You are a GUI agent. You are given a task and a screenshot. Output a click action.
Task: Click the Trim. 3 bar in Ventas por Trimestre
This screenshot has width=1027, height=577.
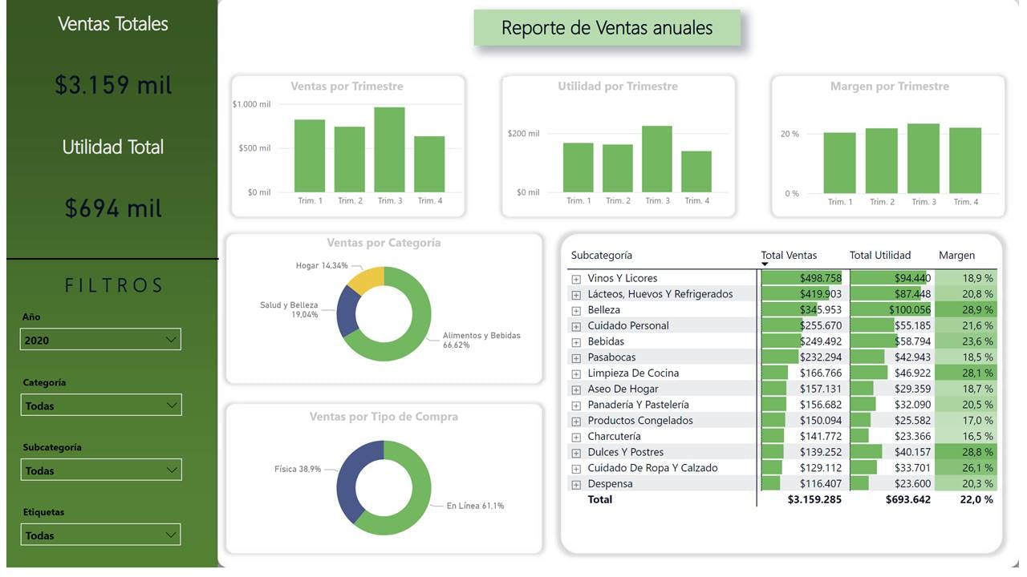coord(389,150)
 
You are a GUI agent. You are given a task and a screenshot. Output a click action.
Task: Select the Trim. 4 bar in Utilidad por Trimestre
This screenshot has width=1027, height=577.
coord(696,171)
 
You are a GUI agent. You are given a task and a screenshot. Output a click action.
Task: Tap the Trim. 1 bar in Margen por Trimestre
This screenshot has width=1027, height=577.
coord(839,163)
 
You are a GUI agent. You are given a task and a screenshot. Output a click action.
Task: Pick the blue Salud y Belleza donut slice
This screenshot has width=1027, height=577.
coord(347,310)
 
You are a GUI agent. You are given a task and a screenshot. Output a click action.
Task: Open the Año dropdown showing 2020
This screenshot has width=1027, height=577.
coord(100,340)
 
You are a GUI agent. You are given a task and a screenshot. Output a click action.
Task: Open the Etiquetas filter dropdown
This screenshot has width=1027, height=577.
coord(101,535)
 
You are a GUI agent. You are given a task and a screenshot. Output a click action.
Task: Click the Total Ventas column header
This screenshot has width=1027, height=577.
coord(789,256)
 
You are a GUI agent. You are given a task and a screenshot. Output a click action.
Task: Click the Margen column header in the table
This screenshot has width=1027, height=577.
coord(956,256)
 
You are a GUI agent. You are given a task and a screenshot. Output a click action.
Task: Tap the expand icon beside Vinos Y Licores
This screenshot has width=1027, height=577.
coord(575,279)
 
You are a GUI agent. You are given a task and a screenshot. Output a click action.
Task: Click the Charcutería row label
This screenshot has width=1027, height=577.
coord(614,437)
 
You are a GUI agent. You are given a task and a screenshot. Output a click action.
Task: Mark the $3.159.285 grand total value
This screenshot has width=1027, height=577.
coord(814,499)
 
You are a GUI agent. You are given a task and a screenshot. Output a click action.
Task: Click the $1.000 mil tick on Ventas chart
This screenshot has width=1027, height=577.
coord(251,104)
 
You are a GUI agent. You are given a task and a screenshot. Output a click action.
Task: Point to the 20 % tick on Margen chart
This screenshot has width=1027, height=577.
coord(790,134)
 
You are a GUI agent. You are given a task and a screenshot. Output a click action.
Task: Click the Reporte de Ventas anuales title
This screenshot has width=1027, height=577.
coord(607,28)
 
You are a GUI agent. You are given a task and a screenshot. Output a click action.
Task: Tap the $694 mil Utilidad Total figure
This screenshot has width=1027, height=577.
coord(113,208)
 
